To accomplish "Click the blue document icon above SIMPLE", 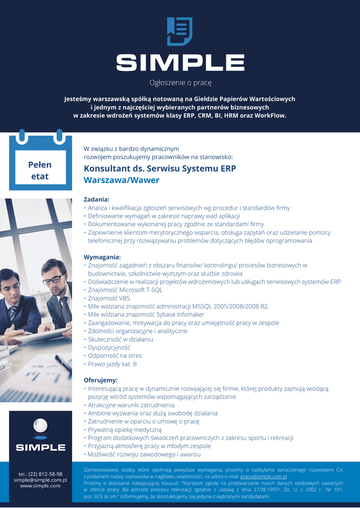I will pos(180,32).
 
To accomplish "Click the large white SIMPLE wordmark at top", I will pos(180,62).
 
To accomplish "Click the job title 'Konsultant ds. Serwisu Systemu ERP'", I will pos(160,168).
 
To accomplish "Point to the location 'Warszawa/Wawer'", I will pos(122,180).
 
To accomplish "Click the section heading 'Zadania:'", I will pos(96,199).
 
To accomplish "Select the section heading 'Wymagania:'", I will pos(102,257).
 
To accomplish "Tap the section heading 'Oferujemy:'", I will pos(101,381).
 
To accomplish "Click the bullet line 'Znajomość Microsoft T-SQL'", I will pos(125,290).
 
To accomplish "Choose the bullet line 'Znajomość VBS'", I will pos(109,298).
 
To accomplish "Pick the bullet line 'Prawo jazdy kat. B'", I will pos(112,364).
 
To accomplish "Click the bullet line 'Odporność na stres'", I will pos(115,356).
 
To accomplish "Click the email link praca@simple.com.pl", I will pos(264,476).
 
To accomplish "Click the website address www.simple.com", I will pos(40,486).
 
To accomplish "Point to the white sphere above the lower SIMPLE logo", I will pos(40,426).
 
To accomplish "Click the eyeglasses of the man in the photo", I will pos(53,279).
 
